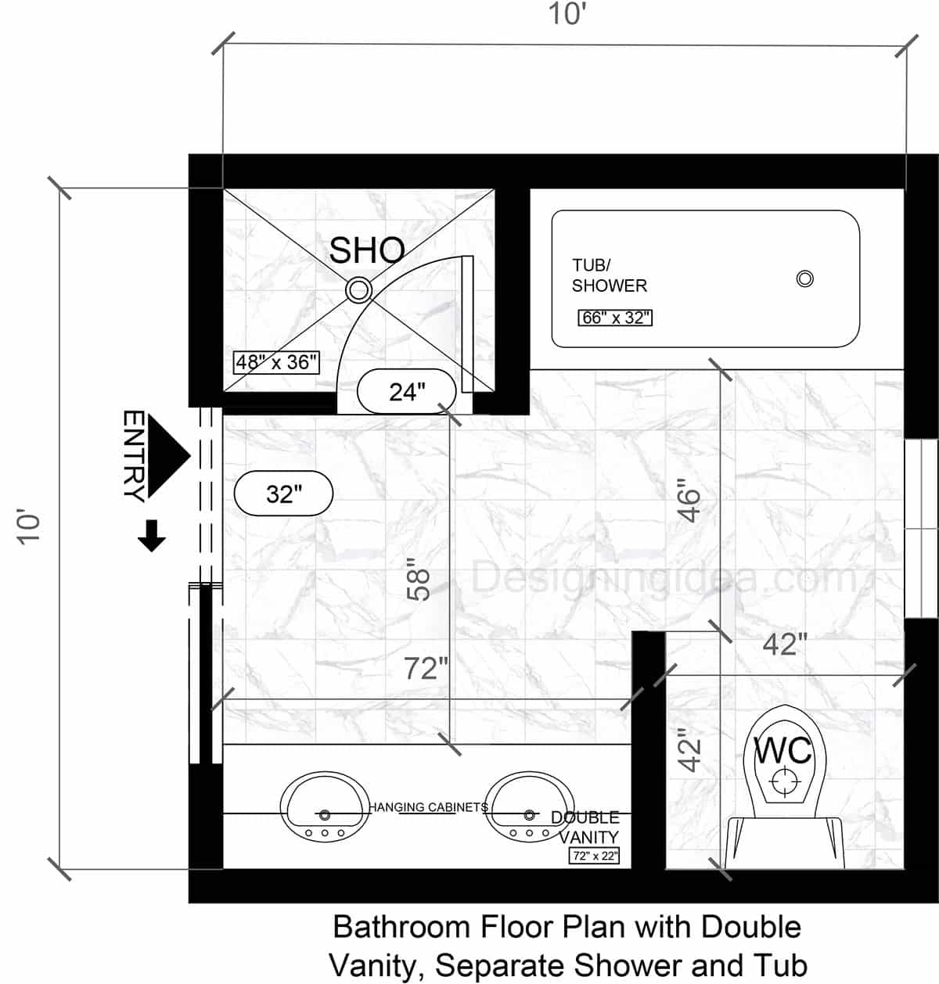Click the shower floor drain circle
(x=358, y=289)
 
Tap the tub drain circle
(x=804, y=278)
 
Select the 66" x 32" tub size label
(x=615, y=318)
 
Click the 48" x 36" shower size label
(x=277, y=362)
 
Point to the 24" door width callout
(x=406, y=391)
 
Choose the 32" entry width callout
(x=283, y=494)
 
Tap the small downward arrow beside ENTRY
(x=151, y=537)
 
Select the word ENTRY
(x=134, y=455)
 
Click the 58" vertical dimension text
(x=420, y=583)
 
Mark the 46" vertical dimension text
(x=689, y=501)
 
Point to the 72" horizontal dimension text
(x=426, y=669)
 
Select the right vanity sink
(x=520, y=806)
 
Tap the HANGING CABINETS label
(x=428, y=807)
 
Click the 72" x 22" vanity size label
(x=594, y=856)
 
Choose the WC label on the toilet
(x=782, y=751)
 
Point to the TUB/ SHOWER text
(x=609, y=276)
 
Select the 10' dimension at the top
(x=567, y=14)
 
